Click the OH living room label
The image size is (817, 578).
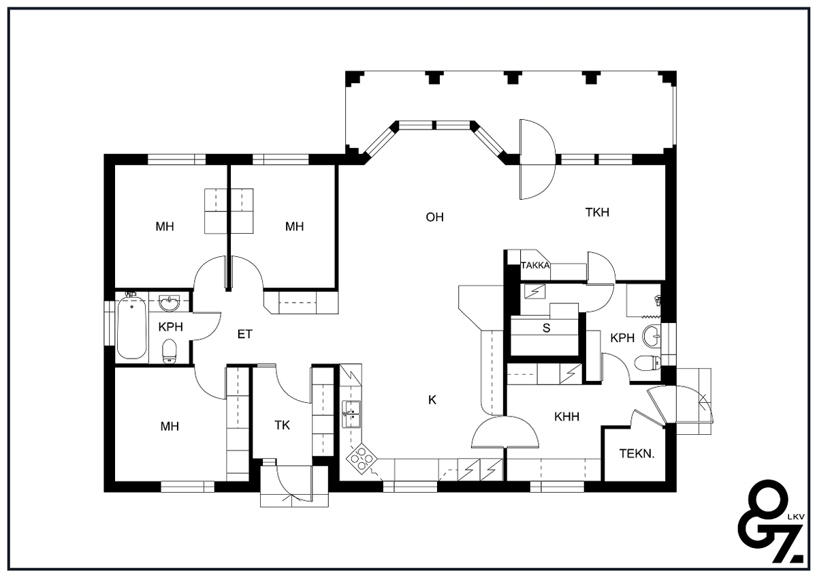pos(435,217)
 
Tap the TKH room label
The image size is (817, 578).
pos(597,212)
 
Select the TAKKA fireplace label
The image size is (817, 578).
pos(535,265)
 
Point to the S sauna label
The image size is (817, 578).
pos(546,329)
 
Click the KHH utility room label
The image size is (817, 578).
pos(566,416)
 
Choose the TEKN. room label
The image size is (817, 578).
pos(637,454)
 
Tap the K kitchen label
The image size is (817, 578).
pos(432,400)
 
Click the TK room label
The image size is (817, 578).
pos(282,425)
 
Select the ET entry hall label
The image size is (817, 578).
pos(244,334)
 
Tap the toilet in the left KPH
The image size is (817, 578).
pos(169,352)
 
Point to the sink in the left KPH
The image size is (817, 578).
pos(170,303)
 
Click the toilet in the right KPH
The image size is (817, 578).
pos(647,363)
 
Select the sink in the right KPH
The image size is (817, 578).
pos(652,335)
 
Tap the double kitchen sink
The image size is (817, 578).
pos(351,414)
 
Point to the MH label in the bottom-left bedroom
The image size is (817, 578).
pos(170,426)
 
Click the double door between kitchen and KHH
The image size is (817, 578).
pos(504,432)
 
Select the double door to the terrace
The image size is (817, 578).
pos(538,159)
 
